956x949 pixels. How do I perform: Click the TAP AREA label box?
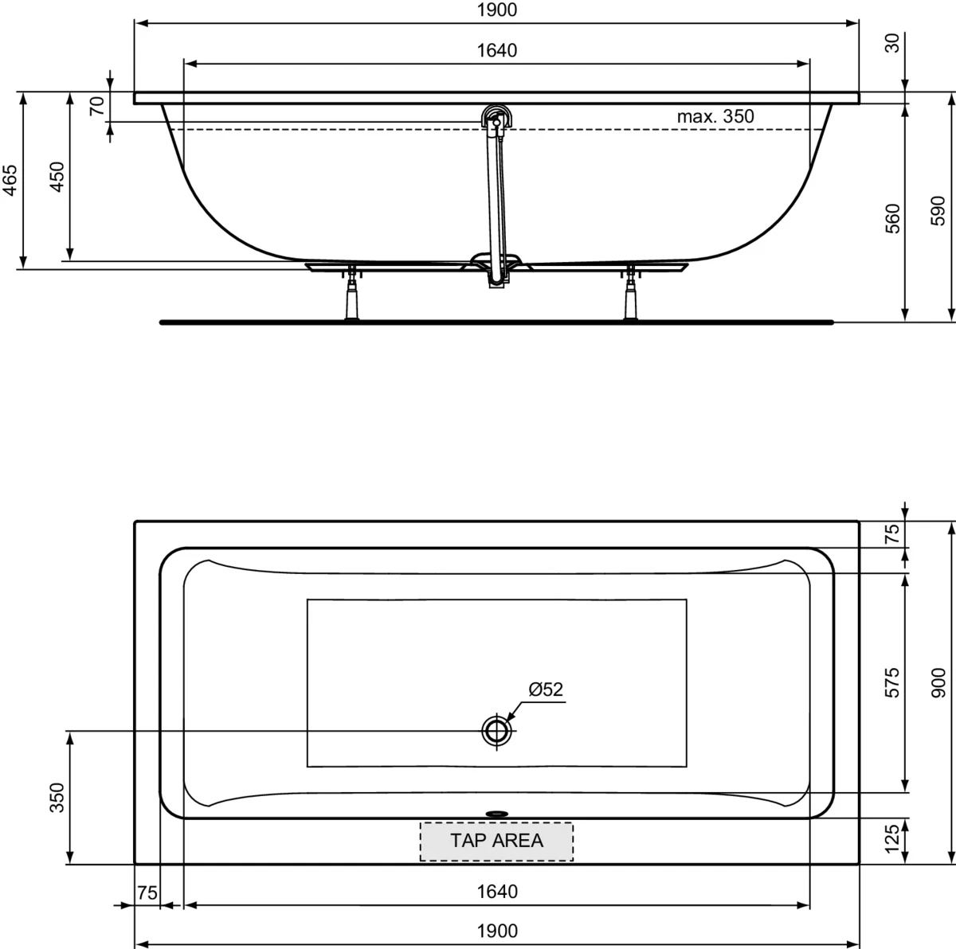coord(496,842)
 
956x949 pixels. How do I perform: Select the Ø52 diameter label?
coord(546,689)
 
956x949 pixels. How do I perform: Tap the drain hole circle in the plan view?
coord(496,731)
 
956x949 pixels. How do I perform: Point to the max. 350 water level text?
coord(715,116)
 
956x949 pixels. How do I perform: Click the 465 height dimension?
coord(10,180)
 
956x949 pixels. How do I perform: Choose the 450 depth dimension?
coord(57,177)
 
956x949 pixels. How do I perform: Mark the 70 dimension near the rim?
coord(97,106)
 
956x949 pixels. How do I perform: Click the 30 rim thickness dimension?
coord(892,43)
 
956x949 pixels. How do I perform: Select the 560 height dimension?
coord(892,219)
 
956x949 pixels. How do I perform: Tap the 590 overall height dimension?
coord(938,211)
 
